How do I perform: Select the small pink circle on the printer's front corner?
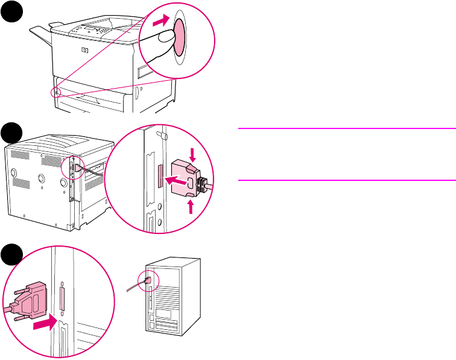pos(55,92)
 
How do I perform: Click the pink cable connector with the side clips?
pos(186,181)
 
